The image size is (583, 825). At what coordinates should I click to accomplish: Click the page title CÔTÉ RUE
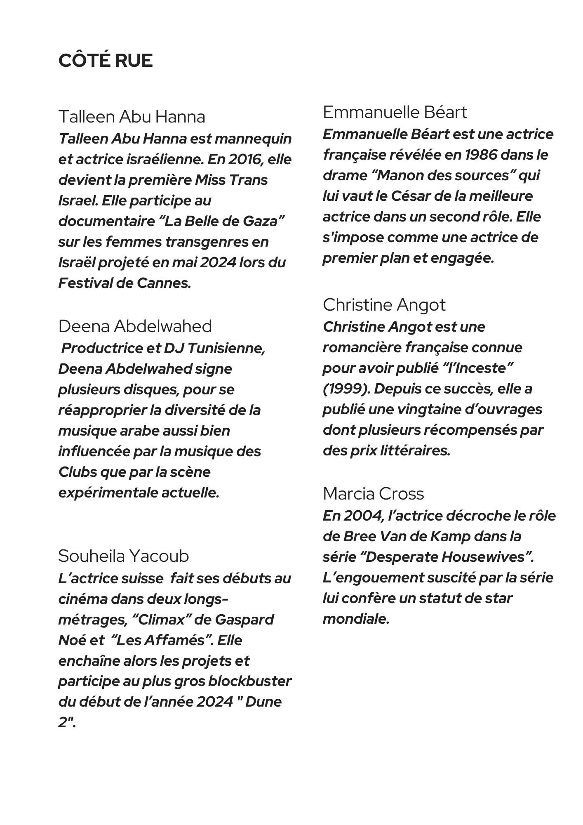click(x=106, y=61)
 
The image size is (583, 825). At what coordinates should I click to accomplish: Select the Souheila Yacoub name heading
click(x=123, y=556)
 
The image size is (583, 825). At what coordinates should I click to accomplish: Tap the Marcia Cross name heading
click(x=373, y=493)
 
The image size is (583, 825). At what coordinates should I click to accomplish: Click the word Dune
click(x=263, y=702)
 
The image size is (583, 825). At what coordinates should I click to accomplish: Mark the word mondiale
click(x=355, y=619)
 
